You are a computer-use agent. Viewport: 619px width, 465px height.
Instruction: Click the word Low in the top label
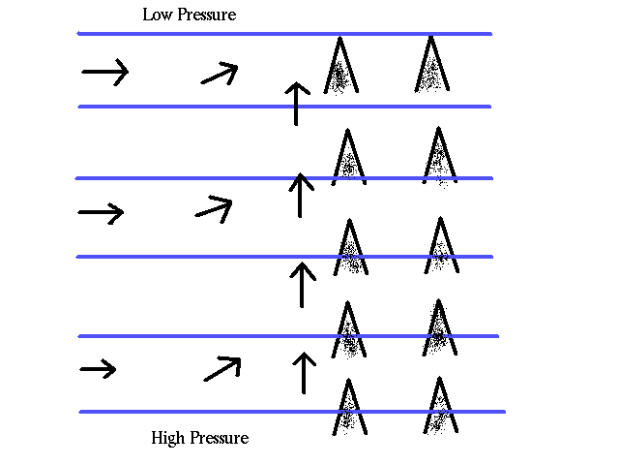pos(157,15)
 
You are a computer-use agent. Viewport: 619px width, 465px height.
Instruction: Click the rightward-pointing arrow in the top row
pos(104,71)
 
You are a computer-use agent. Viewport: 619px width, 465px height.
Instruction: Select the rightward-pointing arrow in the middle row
pos(102,212)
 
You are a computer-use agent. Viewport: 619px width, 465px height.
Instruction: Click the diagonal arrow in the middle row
pos(214,206)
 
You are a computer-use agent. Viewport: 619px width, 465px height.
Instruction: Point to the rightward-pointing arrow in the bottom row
pos(98,368)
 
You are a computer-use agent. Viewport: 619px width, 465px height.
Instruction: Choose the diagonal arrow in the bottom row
pos(221,368)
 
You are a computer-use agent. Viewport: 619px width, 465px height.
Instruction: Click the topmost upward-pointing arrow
pos(297,103)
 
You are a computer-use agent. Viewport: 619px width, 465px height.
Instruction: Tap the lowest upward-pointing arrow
pos(304,373)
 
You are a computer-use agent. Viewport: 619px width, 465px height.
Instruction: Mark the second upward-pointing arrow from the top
pos(301,194)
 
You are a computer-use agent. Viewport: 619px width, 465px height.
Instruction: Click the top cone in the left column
pos(339,66)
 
